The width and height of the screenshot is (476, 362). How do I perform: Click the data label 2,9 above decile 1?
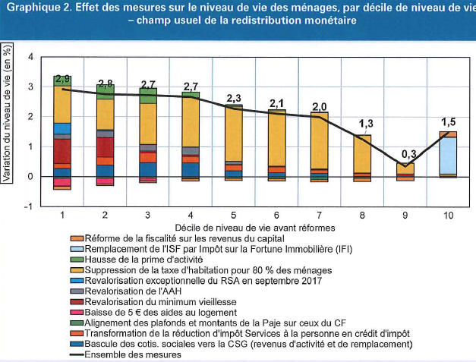tap(62, 80)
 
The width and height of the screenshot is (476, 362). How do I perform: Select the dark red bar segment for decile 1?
tap(62, 150)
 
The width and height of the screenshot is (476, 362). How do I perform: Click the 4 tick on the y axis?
tap(31, 58)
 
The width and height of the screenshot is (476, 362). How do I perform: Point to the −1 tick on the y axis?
tap(30, 206)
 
